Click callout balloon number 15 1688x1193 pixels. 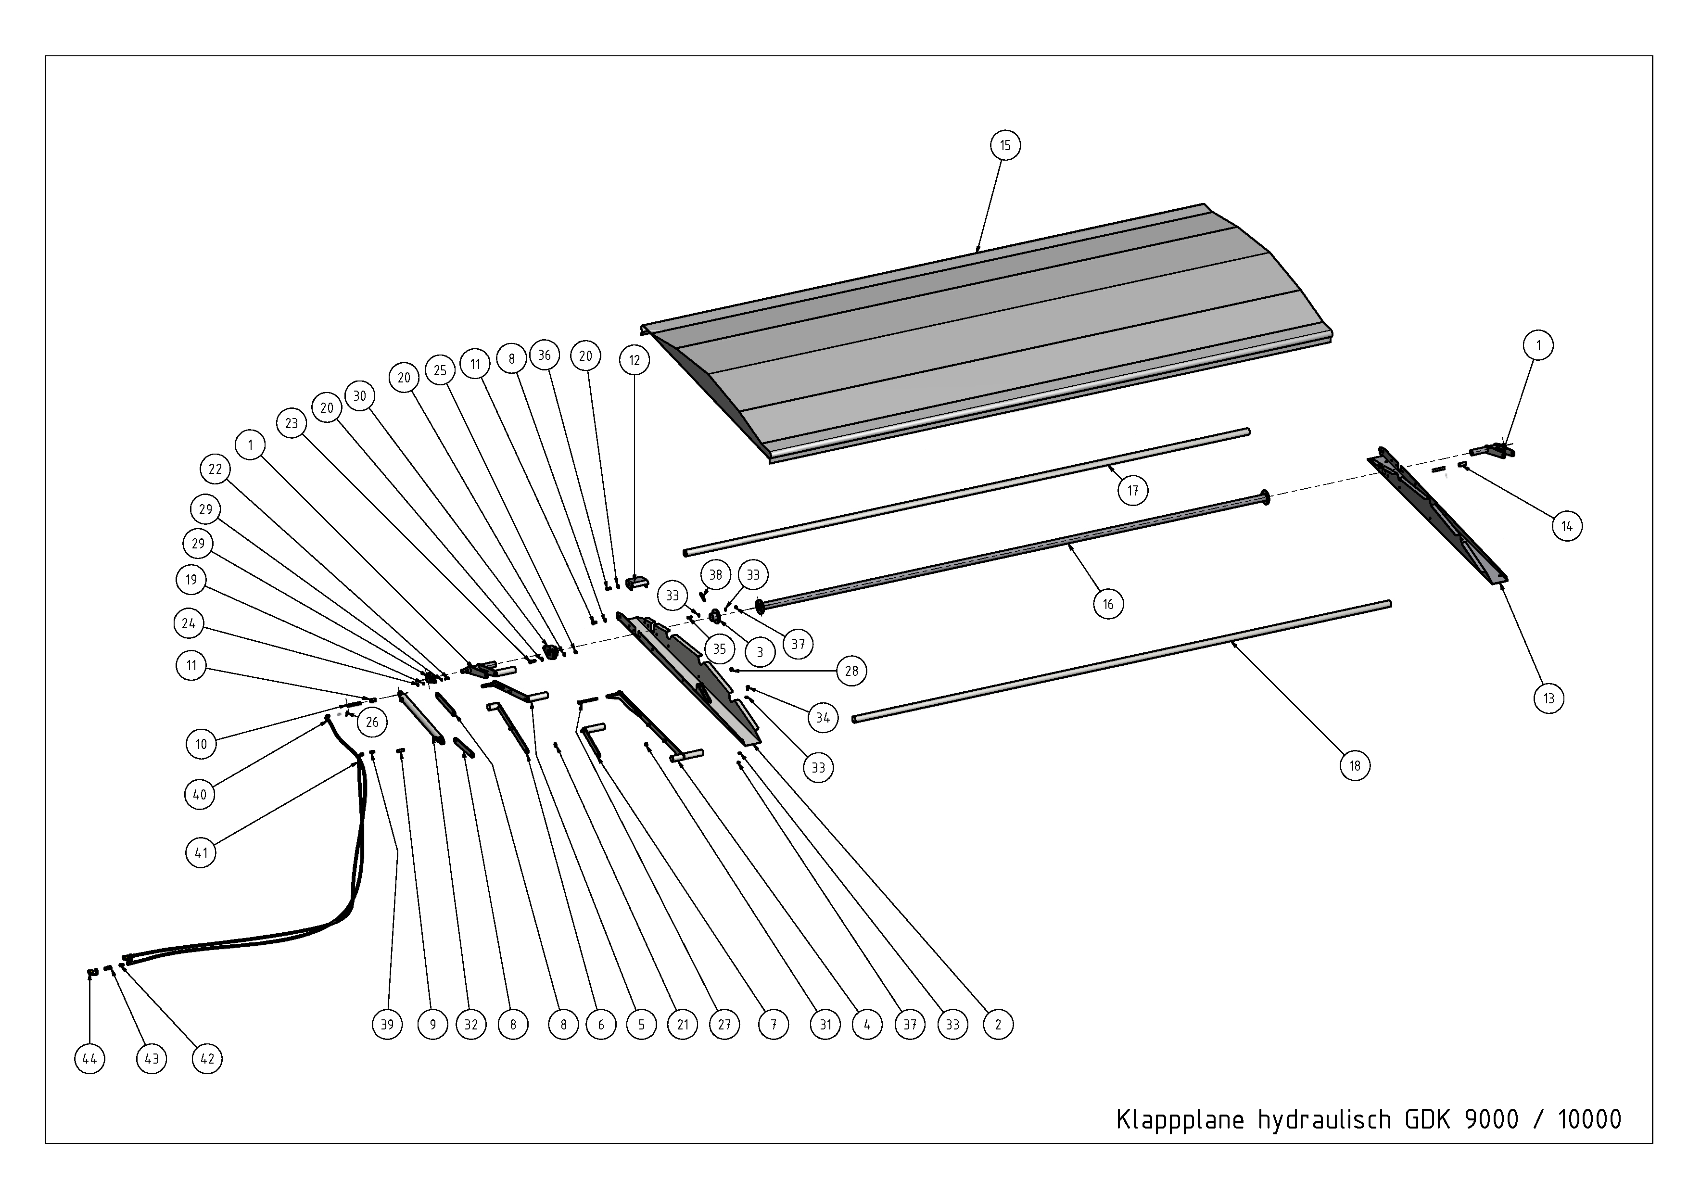[1005, 146]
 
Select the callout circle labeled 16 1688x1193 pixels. [1108, 604]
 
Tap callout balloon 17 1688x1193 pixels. [1133, 490]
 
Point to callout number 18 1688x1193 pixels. [1355, 766]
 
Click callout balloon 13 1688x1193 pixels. [1549, 698]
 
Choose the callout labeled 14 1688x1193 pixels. [1567, 526]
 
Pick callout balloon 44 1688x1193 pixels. [89, 1059]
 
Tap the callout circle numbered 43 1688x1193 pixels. [152, 1059]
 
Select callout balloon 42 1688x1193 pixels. [207, 1059]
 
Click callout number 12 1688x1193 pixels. [635, 360]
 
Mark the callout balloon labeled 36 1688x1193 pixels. [544, 356]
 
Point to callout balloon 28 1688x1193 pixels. [851, 671]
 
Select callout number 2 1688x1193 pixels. [998, 1025]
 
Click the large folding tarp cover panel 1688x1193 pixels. [985, 331]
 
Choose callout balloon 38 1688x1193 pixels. [715, 575]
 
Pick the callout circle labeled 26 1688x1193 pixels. [372, 722]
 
